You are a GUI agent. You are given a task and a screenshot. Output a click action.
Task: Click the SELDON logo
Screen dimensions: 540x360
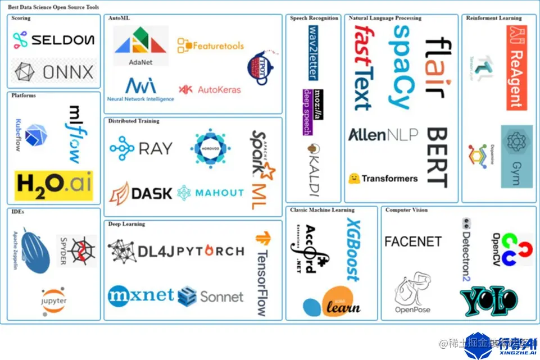[x=54, y=40]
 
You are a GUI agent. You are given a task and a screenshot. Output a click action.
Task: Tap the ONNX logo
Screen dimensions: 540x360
[x=54, y=71]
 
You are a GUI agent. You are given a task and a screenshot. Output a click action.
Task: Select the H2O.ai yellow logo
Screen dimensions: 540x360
[x=54, y=185]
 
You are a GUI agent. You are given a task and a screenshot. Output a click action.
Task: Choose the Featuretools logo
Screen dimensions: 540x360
[x=206, y=45]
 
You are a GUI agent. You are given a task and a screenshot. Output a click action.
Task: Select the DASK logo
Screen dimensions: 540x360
[x=141, y=193]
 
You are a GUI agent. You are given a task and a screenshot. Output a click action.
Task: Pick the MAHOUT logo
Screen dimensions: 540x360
[x=211, y=193]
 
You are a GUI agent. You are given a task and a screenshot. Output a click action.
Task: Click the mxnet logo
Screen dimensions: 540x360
[x=141, y=295]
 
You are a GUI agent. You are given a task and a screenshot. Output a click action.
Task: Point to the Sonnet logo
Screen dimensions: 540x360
[x=211, y=296]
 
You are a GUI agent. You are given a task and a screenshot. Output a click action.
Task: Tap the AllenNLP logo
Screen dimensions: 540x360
[x=383, y=135]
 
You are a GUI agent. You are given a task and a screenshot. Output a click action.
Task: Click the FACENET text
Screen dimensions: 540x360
[x=413, y=241]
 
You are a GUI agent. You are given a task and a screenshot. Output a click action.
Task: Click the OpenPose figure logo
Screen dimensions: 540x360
[x=413, y=292]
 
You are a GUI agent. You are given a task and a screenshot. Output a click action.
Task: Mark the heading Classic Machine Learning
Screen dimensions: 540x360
[x=322, y=210]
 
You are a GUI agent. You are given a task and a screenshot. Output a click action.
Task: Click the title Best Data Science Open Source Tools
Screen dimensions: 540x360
[x=53, y=7]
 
